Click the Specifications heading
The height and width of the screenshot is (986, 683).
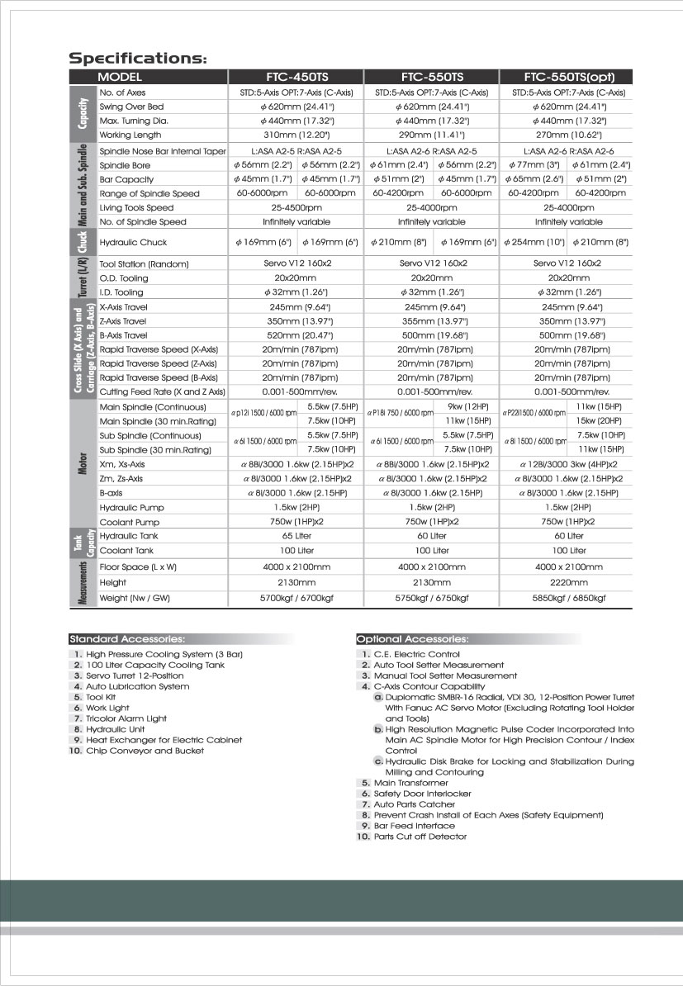pos(137,59)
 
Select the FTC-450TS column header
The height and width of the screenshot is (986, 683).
pos(296,77)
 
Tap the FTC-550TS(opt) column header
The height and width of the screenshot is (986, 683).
pos(568,77)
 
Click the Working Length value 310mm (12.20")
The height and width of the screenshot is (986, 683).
pos(296,135)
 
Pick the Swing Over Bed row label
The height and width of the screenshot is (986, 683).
pos(131,107)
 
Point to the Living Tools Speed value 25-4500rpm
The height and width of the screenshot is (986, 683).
pos(296,207)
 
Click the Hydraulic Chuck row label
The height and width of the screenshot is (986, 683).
pos(133,243)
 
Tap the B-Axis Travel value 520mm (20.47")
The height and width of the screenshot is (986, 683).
pos(296,335)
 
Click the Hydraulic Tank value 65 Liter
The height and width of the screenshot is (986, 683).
pos(296,536)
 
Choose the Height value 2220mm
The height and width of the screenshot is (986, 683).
pos(568,582)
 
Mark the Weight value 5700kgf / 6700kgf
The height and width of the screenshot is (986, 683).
pos(296,598)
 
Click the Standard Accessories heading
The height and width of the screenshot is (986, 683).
pos(127,638)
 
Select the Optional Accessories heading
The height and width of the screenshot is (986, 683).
pos(413,638)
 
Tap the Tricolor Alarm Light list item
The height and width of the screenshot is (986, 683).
pos(126,718)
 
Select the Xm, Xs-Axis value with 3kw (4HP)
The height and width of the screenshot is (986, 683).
pos(568,465)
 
